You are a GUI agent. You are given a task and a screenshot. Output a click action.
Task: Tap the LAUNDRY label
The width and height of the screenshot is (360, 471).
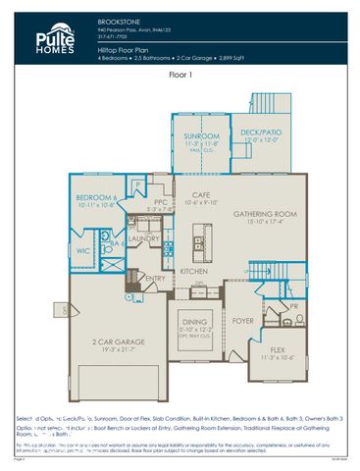(144, 238)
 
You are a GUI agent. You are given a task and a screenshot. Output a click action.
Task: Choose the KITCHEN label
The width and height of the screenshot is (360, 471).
(193, 271)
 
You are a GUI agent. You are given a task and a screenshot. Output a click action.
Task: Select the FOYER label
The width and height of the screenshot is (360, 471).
(243, 320)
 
